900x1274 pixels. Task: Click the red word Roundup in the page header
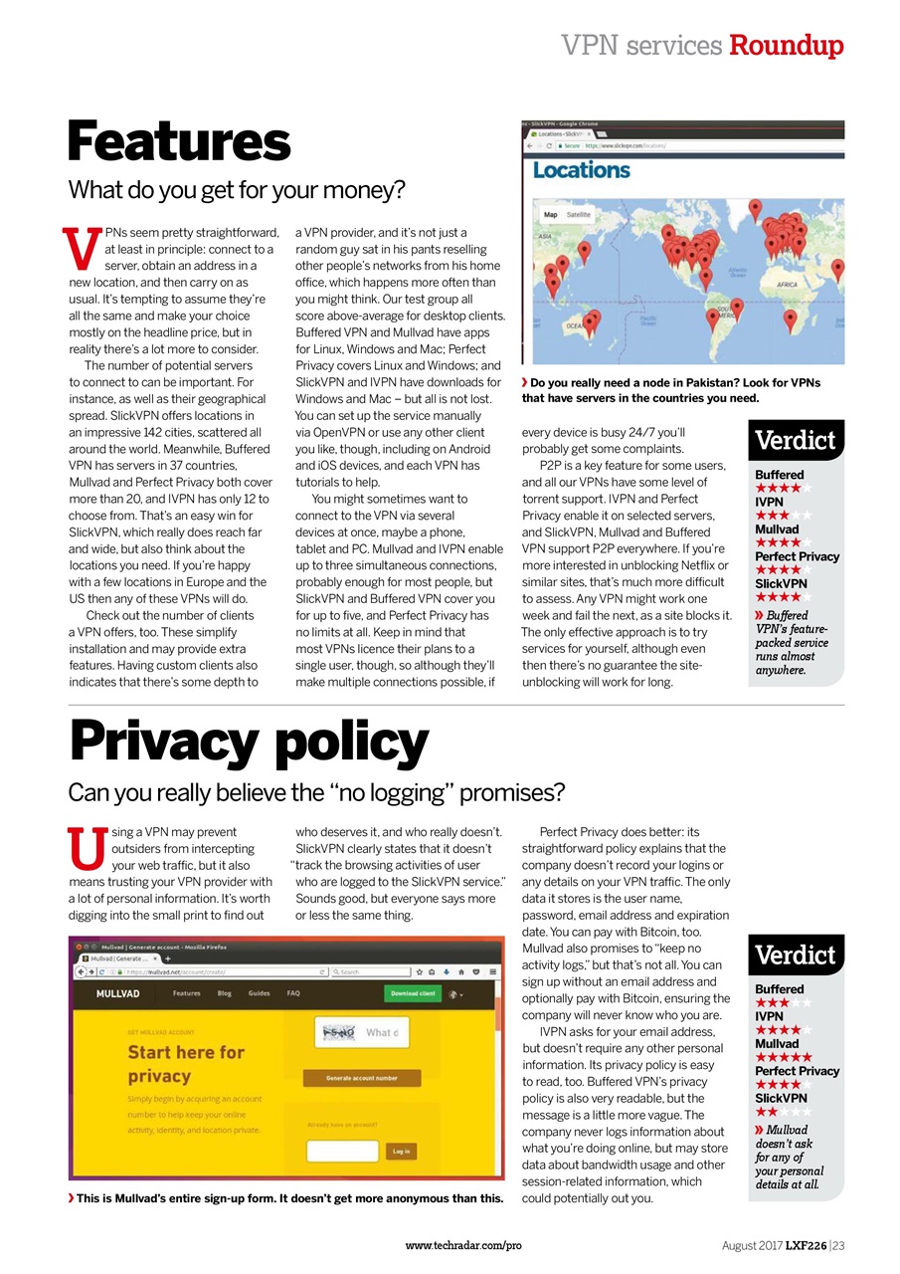point(786,45)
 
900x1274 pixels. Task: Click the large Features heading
point(179,141)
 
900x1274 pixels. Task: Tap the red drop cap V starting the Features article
point(83,244)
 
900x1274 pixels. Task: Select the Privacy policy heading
point(249,743)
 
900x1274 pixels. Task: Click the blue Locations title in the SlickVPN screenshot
point(581,170)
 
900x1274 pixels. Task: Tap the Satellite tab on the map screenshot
point(578,214)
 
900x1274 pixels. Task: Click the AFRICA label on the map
point(787,285)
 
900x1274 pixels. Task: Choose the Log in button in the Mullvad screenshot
point(401,1151)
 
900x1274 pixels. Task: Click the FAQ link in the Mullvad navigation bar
point(293,993)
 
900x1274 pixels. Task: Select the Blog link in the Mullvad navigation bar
point(225,993)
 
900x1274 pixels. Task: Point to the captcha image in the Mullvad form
point(340,1032)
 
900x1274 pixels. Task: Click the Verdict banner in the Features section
point(796,440)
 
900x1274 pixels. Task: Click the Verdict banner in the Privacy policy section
point(796,955)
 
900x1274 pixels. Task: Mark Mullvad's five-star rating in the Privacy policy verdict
point(784,1057)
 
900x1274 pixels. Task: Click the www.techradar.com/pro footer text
point(463,1245)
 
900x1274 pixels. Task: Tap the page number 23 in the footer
point(838,1245)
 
